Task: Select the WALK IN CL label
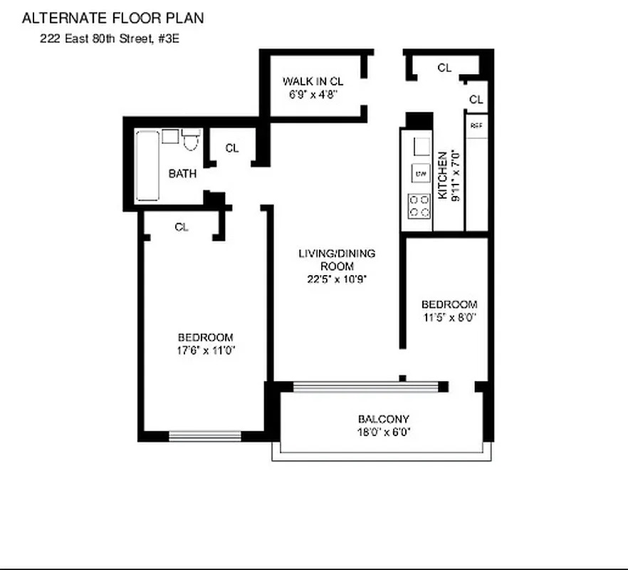tap(313, 81)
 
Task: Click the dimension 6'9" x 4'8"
tap(313, 93)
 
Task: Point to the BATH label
tap(182, 173)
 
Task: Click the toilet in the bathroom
tap(189, 140)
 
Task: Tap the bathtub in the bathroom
tap(148, 165)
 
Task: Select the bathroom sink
tap(170, 136)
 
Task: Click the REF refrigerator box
tap(476, 125)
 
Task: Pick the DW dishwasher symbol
tap(420, 173)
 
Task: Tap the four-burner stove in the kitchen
tap(419, 206)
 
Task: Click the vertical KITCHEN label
tap(442, 175)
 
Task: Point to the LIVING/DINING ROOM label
tap(337, 259)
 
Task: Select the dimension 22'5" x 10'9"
tap(337, 279)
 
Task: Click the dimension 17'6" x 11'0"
tap(206, 350)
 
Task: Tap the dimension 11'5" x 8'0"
tap(448, 318)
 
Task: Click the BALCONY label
tap(383, 419)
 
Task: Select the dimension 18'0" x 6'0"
tap(383, 432)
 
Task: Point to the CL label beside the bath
tap(232, 148)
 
